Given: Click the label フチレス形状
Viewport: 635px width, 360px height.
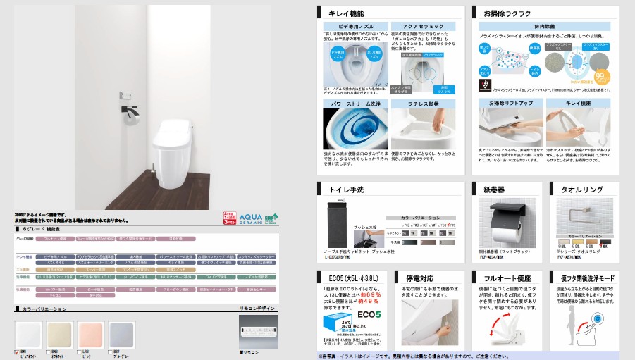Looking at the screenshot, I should (x=426, y=103).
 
